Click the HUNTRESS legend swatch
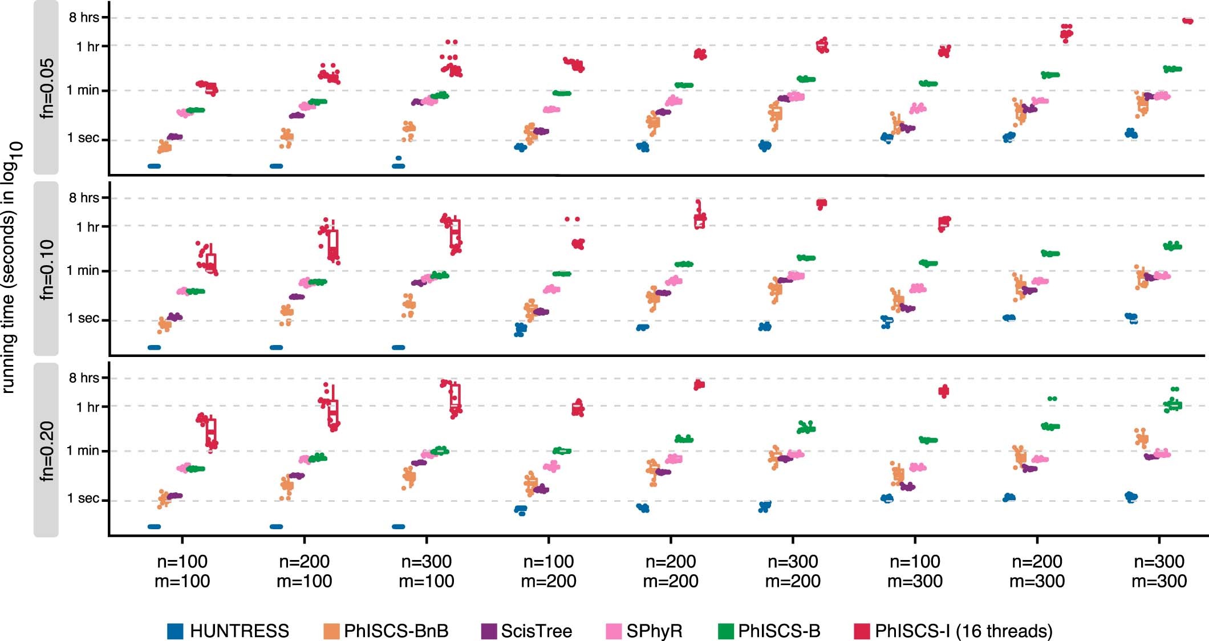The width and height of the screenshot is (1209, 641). point(175,631)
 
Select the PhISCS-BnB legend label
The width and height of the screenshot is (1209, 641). point(396,631)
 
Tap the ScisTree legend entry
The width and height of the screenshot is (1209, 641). point(536,631)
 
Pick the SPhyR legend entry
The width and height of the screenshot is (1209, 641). point(654,631)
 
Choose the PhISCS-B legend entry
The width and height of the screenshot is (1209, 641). point(778,631)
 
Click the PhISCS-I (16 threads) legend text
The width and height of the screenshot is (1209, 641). point(963,631)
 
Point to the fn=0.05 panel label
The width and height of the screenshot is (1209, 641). point(46,88)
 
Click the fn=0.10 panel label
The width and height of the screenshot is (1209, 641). point(46,269)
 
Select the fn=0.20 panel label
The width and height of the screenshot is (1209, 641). point(46,450)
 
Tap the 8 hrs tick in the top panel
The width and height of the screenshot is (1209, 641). point(84,18)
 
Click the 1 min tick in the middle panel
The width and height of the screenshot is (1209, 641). point(83,270)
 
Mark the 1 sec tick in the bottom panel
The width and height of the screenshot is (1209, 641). point(83,498)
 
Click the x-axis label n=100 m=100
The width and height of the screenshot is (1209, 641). point(182,571)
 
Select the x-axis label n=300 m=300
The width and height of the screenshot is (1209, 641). point(1159,571)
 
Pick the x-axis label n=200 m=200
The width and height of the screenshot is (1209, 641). point(671,571)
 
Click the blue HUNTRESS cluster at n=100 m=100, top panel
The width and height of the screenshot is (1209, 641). point(154,166)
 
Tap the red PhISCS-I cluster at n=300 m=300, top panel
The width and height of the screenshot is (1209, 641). point(1188,21)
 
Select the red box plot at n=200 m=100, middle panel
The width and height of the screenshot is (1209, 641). point(333,245)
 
